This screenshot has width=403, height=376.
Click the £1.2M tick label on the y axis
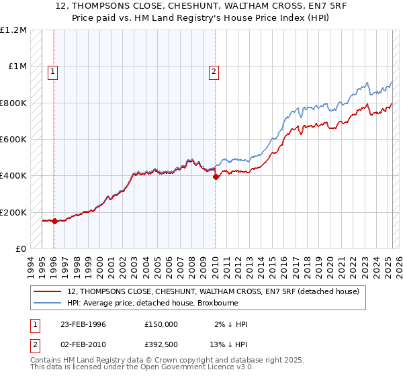click(13, 30)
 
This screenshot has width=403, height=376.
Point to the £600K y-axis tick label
click(13, 140)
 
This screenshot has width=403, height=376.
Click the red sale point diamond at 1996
click(54, 221)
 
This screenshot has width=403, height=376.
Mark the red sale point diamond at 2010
click(216, 177)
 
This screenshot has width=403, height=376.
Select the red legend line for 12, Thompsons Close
click(48, 291)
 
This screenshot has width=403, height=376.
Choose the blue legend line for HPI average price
click(48, 303)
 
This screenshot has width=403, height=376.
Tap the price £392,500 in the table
click(161, 343)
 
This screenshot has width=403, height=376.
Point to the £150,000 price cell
click(161, 324)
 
